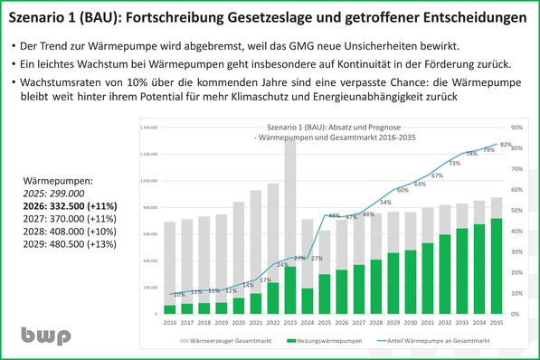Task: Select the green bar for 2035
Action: (496, 267)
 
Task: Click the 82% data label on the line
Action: (507, 145)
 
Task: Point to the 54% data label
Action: (385, 203)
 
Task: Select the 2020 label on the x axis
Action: (238, 322)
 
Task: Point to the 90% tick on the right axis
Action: (516, 128)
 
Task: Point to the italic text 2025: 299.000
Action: (58, 193)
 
